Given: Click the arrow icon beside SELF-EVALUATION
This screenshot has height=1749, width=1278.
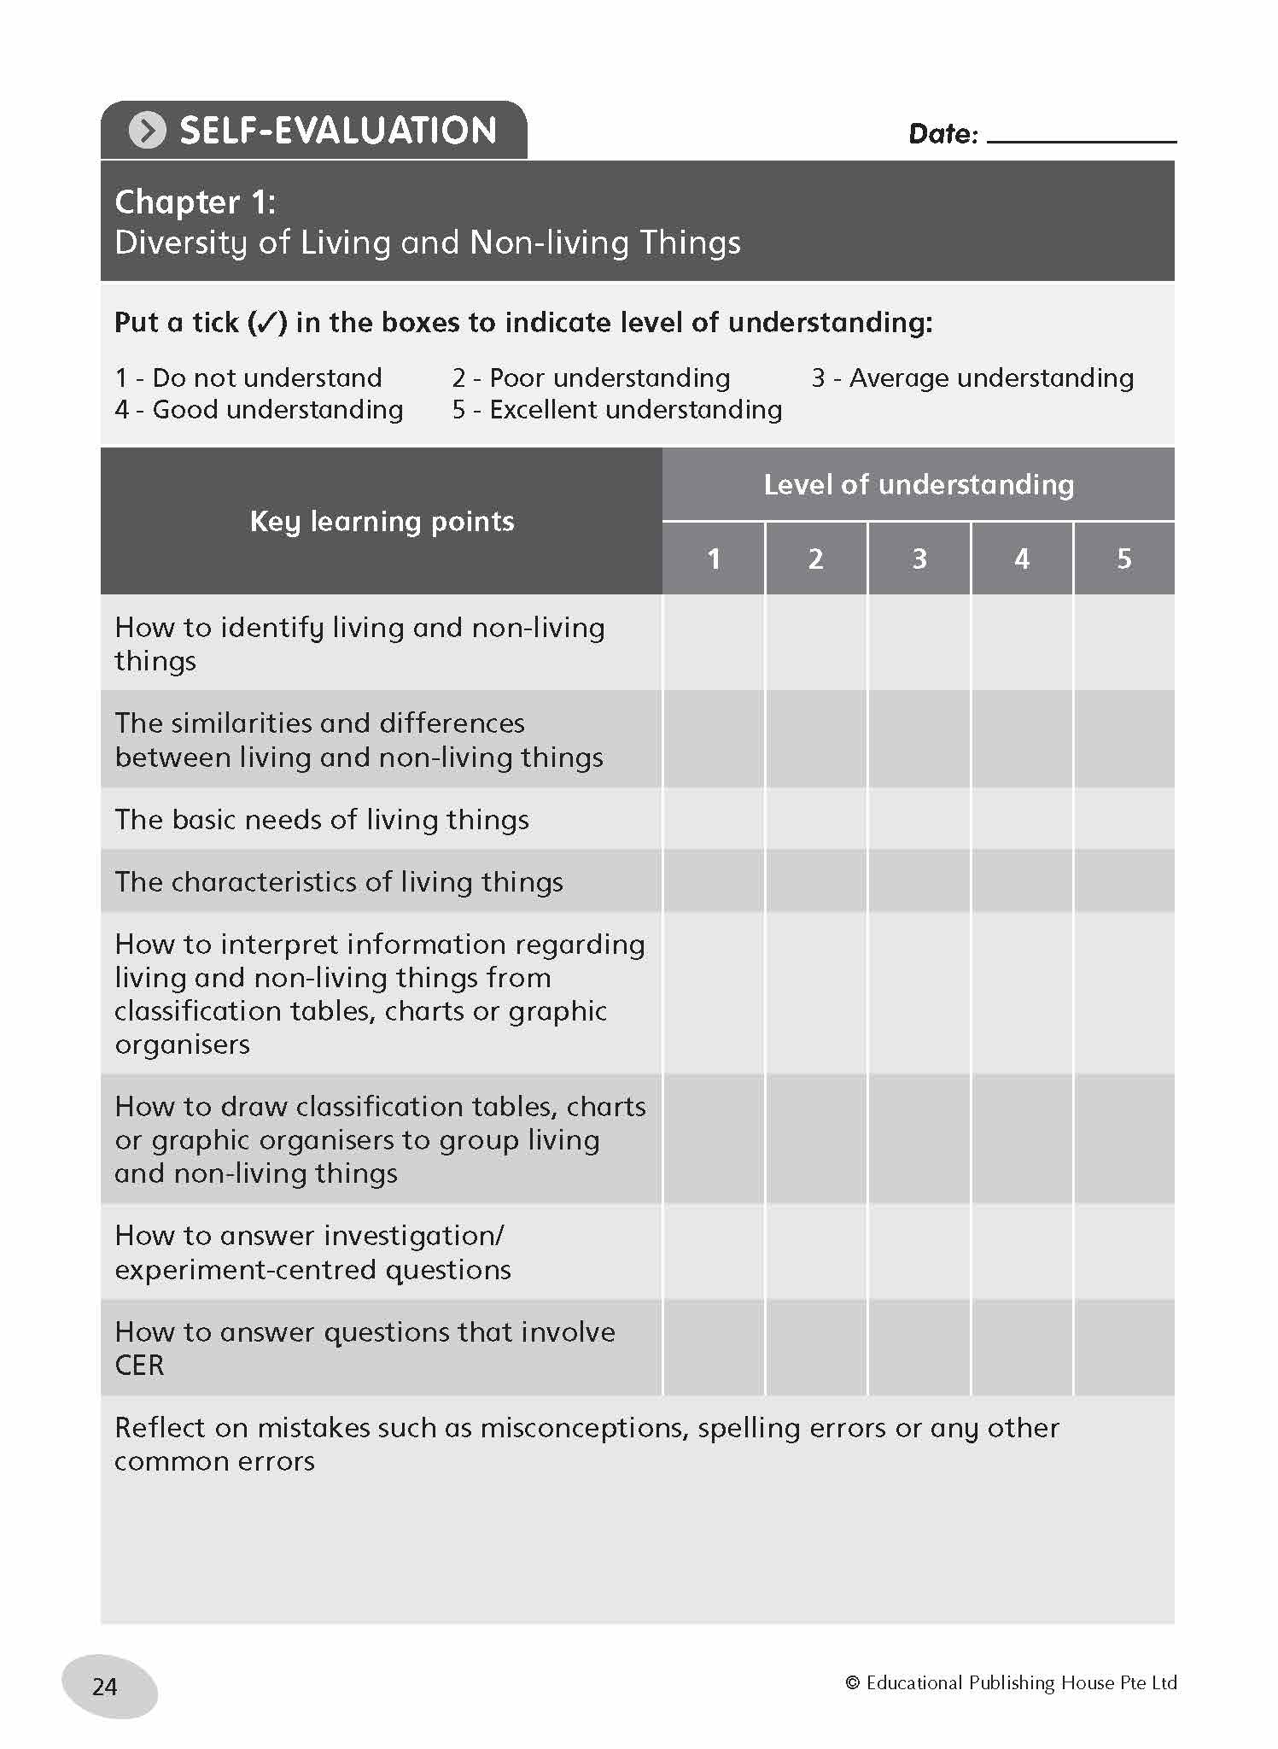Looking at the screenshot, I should coord(147,131).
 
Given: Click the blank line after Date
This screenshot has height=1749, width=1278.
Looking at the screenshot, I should coord(1081,135).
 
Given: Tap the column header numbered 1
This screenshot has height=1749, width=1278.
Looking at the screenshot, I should coord(714,559).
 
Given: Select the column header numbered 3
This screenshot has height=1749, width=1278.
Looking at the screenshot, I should coord(919,559).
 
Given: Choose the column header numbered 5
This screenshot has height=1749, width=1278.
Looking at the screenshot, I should coord(1124,559).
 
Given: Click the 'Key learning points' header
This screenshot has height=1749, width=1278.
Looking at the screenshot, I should coord(382,521).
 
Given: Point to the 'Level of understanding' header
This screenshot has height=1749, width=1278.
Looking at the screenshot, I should coord(919,484).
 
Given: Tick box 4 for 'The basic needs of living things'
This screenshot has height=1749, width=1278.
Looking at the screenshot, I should coord(1022,819).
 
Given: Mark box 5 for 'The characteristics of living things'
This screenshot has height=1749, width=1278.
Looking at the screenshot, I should coord(1124,881).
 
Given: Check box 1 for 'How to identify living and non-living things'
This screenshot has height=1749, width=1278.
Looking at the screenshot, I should coord(714,643).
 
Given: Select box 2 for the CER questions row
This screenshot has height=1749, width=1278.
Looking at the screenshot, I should coord(816,1348).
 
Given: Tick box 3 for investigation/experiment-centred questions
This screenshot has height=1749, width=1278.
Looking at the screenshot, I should coord(919,1252).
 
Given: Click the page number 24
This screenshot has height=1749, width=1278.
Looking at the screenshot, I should coord(105,1686).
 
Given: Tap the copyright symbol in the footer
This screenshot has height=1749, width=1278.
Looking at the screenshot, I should coord(852,1682).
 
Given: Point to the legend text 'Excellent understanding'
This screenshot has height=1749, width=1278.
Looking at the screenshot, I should coord(635,410).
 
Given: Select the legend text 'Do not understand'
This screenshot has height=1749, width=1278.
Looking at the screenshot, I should coord(266,377).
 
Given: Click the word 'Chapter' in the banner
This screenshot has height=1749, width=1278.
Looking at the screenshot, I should coord(178,202).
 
